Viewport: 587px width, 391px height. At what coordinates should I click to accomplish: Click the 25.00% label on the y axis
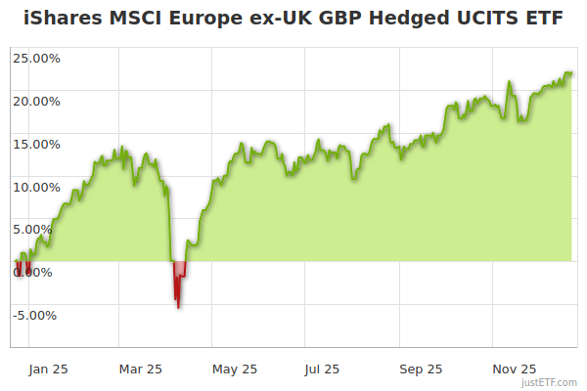pos(36,58)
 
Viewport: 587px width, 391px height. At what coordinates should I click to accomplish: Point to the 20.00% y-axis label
pos(36,101)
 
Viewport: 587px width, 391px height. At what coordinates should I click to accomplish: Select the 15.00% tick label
pos(36,144)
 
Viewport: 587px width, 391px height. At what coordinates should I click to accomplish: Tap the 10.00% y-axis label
pos(36,187)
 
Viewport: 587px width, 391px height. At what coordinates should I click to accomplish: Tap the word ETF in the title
pos(544,19)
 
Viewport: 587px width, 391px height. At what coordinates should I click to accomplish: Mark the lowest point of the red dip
pos(178,308)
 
